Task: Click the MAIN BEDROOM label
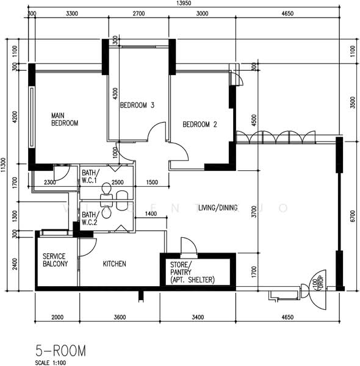(x=65, y=120)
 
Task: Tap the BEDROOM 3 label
(x=137, y=106)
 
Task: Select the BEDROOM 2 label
(x=200, y=124)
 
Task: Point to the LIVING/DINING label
(x=218, y=207)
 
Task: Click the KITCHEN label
(x=114, y=264)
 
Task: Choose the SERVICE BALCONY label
(x=55, y=260)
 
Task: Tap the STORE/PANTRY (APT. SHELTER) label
(x=192, y=272)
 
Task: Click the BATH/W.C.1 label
(x=90, y=176)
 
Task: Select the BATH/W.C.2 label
(x=90, y=218)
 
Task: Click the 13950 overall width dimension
(x=184, y=3)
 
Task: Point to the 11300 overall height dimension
(x=3, y=165)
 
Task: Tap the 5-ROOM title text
(x=60, y=351)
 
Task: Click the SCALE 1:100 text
(x=51, y=363)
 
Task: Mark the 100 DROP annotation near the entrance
(x=318, y=282)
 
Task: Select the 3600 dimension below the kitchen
(x=120, y=317)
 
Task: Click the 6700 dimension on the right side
(x=353, y=216)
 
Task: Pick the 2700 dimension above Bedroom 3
(x=139, y=13)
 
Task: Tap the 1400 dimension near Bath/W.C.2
(x=151, y=213)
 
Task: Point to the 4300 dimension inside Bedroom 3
(x=115, y=93)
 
